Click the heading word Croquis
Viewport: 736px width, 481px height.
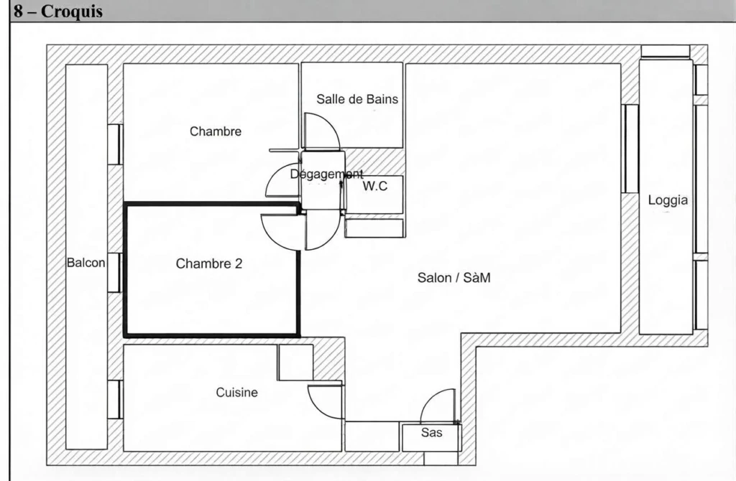[x=71, y=11]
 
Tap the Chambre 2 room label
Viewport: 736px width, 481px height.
[x=209, y=263]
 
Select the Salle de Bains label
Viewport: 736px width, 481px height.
[x=357, y=99]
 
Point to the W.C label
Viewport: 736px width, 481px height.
[x=375, y=186]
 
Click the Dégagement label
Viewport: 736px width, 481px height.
[x=327, y=174]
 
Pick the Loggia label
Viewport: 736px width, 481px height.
[x=668, y=200]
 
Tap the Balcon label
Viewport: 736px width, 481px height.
[x=86, y=263]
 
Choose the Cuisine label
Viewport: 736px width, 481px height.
[x=236, y=393]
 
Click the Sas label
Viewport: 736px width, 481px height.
[x=431, y=432]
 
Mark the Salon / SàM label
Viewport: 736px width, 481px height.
[x=454, y=278]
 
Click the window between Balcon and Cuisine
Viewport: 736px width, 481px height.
[x=114, y=399]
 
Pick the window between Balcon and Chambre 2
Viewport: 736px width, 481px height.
[x=114, y=272]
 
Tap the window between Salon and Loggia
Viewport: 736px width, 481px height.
[x=630, y=149]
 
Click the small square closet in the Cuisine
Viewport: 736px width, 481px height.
[x=295, y=363]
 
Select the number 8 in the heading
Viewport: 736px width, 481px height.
[x=18, y=11]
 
